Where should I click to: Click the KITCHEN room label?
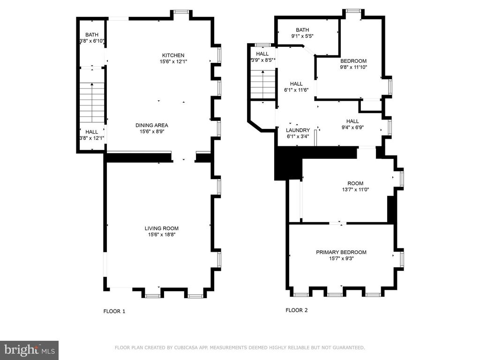pos(173,55)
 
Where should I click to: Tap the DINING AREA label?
pos(151,125)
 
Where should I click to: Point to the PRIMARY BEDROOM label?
pos(341,252)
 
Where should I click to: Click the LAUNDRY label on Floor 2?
pos(298,130)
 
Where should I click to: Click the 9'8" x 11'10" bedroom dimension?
pos(353,67)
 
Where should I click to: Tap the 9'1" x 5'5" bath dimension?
pos(302,36)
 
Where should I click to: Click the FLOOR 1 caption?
pos(114,311)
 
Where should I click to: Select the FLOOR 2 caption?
pos(297,310)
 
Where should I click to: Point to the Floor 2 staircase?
pos(262,84)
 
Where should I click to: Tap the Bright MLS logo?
pos(29,350)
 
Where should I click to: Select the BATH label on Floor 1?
pos(91,35)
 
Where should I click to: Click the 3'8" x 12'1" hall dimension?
pos(91,138)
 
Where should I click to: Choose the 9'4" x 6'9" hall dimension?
pos(352,127)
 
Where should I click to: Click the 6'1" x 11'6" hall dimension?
pos(296,90)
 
